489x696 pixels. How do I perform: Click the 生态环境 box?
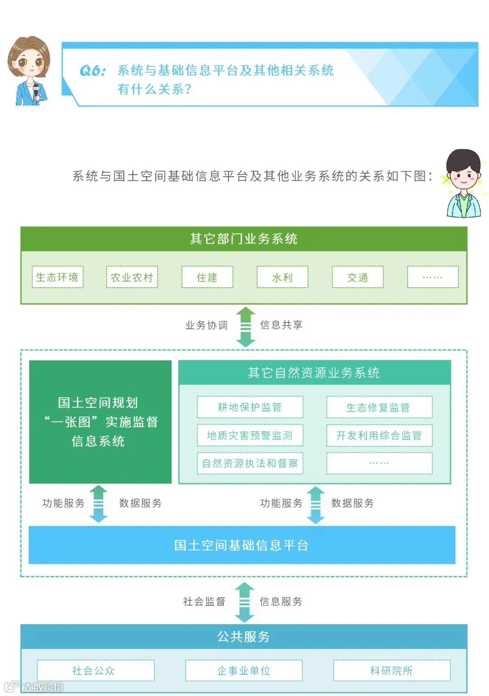(58, 277)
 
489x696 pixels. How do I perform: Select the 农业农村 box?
(132, 277)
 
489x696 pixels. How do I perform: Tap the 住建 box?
(207, 277)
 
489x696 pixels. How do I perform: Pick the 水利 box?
(282, 277)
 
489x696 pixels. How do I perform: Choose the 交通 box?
(357, 277)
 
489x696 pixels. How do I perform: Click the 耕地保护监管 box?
(250, 407)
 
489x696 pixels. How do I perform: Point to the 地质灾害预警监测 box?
(250, 435)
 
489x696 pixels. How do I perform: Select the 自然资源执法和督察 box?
(250, 463)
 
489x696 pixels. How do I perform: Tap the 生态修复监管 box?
(379, 407)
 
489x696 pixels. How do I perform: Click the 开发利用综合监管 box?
(379, 435)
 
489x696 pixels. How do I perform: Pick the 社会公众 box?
(96, 670)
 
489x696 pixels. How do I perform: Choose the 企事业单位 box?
(244, 670)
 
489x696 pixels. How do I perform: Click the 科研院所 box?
(392, 670)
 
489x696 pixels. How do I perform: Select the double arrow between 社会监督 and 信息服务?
(244, 602)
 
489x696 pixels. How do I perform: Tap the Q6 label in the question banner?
(92, 71)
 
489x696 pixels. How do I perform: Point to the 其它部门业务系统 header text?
(244, 239)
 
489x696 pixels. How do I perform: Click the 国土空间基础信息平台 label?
(241, 545)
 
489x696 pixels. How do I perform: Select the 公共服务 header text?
(244, 637)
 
